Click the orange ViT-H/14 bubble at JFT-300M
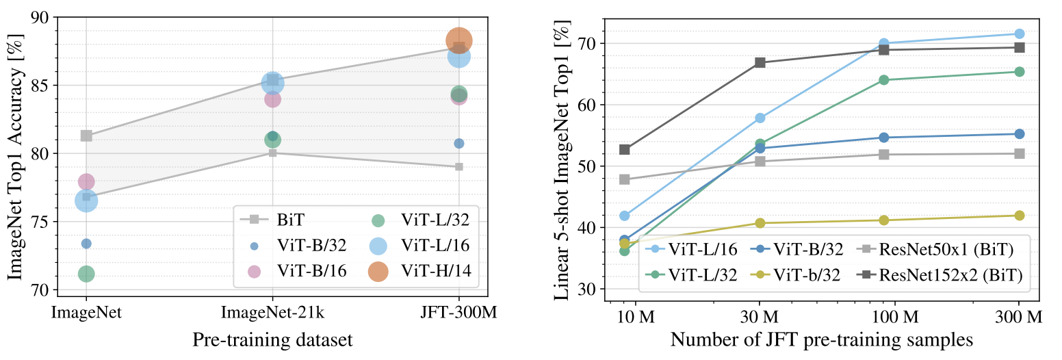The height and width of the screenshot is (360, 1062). (458, 41)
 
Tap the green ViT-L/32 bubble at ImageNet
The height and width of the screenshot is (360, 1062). (86, 274)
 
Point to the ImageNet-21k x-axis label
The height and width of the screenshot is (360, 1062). (272, 313)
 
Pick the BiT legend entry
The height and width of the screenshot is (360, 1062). (272, 220)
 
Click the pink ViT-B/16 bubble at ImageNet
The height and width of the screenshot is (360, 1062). (86, 181)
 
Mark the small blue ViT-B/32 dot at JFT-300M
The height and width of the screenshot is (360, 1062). (459, 143)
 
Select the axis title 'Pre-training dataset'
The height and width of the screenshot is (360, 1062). (272, 340)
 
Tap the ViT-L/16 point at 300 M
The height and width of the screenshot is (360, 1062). (1019, 34)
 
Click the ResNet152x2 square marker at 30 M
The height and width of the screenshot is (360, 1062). (760, 62)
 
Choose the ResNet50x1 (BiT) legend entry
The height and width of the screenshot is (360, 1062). (935, 250)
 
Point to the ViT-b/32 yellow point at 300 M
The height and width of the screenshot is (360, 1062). (1019, 216)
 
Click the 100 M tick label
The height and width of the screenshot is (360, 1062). (895, 316)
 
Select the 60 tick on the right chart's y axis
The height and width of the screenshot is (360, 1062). (587, 105)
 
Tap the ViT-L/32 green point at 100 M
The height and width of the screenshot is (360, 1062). (883, 79)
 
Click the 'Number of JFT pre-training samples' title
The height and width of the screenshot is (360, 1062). (822, 340)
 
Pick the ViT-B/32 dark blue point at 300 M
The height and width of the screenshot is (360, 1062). (1019, 134)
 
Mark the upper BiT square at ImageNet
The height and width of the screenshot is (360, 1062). (86, 136)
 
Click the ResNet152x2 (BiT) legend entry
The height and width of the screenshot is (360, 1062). (940, 275)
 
